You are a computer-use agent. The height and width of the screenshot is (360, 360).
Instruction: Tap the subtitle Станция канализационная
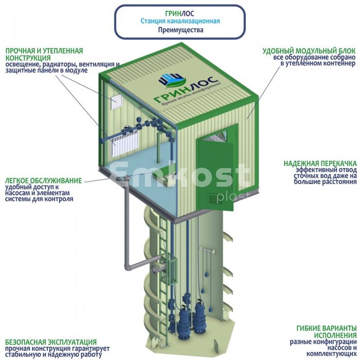[x=180, y=21]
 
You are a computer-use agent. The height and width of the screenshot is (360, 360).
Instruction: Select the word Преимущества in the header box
[x=180, y=30]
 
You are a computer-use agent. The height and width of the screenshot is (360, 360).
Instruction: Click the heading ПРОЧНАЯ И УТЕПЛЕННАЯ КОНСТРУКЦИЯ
[x=44, y=55]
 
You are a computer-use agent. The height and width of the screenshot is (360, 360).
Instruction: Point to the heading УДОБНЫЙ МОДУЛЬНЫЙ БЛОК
[x=309, y=51]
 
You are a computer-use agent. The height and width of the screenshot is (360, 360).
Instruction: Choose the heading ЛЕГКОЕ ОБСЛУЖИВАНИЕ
[x=43, y=181]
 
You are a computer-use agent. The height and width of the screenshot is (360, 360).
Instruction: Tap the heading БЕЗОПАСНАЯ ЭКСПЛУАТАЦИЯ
[x=51, y=342]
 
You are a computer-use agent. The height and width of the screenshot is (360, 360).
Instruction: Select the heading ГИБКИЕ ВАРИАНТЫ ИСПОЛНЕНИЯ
[x=326, y=331]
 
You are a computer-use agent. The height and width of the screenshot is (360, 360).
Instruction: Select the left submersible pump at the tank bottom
[x=183, y=319]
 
